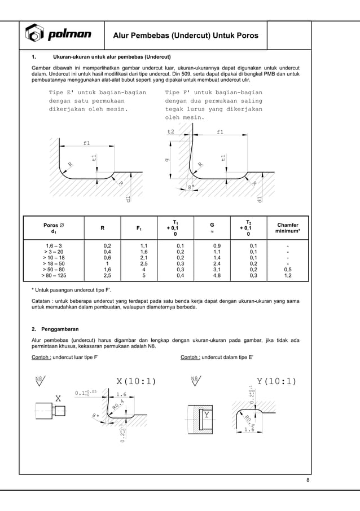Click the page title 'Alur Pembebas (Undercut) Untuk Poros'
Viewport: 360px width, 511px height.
pyautogui.click(x=186, y=36)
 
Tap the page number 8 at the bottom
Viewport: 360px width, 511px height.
pyautogui.click(x=308, y=480)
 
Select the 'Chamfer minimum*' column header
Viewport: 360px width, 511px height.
pyautogui.click(x=287, y=228)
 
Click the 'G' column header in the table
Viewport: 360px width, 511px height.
pyautogui.click(x=212, y=228)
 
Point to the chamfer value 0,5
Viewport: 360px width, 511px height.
pyautogui.click(x=287, y=270)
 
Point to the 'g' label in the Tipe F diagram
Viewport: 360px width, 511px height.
pyautogui.click(x=166, y=160)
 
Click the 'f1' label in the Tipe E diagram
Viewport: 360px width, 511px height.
pyautogui.click(x=86, y=143)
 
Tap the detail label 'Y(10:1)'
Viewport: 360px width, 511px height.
pyautogui.click(x=276, y=381)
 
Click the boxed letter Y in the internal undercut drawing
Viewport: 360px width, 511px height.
pyautogui.click(x=207, y=416)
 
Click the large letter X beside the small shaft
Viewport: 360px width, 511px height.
pyautogui.click(x=58, y=398)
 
